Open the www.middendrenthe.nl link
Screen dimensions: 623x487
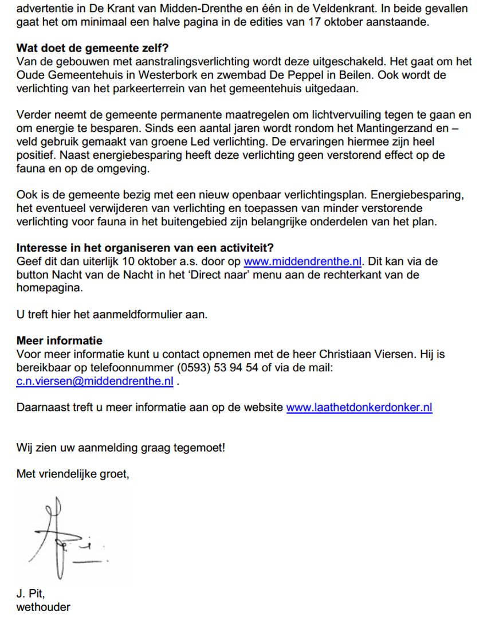(303, 262)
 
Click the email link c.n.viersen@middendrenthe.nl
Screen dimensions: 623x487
(95, 381)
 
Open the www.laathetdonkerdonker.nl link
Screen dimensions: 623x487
(359, 408)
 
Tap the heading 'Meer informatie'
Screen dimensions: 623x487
(60, 341)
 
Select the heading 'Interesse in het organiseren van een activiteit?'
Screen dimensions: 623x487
(145, 248)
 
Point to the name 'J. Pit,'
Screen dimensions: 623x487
(30, 594)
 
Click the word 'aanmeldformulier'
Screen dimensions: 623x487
(141, 314)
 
